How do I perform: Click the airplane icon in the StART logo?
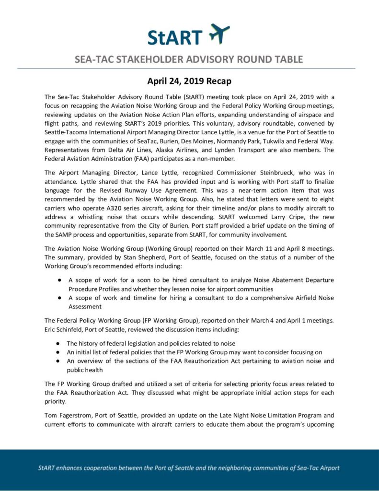point(220,34)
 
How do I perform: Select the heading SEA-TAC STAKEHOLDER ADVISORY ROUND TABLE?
point(189,59)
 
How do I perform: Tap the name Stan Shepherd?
point(153,257)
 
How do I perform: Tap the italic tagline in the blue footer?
point(189,468)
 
